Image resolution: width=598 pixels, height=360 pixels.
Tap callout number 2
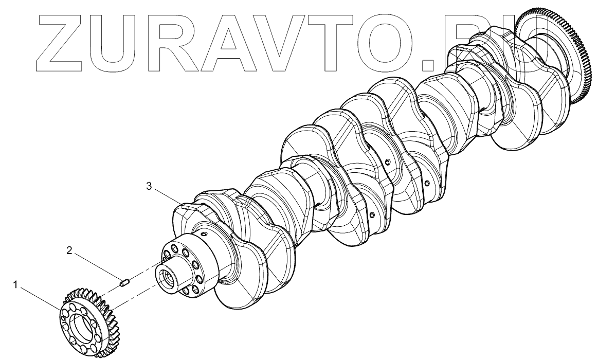[x=69, y=251]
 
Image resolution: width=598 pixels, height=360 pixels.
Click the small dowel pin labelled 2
[x=123, y=282]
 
